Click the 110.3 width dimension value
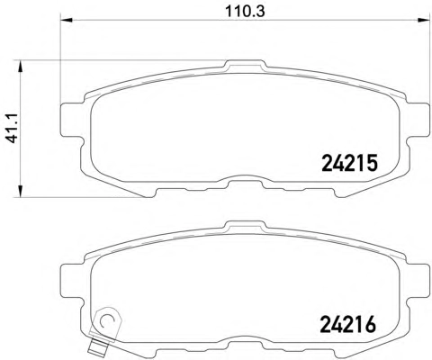(x=245, y=12)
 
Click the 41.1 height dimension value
(x=13, y=128)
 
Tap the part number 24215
(x=349, y=163)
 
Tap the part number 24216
(x=348, y=325)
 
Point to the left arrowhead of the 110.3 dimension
(x=67, y=20)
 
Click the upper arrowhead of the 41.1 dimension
(x=20, y=67)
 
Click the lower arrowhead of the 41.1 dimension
(x=20, y=192)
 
